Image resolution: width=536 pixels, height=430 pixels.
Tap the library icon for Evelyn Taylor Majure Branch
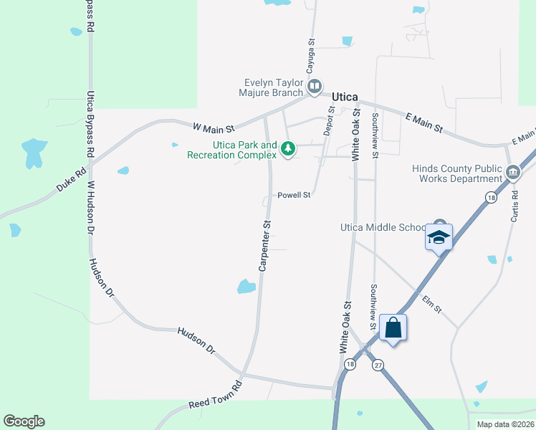click(x=314, y=87)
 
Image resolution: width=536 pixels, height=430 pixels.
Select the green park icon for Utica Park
click(x=288, y=149)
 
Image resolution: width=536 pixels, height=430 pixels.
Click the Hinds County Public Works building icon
click(x=513, y=173)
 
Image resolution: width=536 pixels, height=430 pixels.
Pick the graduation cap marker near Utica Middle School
click(x=439, y=237)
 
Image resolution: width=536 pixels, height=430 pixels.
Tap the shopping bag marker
click(x=393, y=328)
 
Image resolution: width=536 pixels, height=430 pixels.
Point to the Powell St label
click(x=294, y=194)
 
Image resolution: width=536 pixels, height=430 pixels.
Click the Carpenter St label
click(x=264, y=246)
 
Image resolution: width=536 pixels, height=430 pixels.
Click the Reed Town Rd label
click(x=216, y=400)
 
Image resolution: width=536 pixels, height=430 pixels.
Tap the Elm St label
click(x=431, y=305)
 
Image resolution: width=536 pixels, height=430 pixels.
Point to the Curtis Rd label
click(x=515, y=206)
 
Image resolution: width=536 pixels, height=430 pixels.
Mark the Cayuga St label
click(x=311, y=57)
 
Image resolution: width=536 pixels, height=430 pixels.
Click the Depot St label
click(x=330, y=121)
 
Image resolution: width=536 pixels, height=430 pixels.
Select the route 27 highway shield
click(x=378, y=365)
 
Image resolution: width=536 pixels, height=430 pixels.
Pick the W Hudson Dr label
click(x=91, y=209)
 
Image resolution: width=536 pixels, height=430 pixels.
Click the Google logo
click(x=24, y=421)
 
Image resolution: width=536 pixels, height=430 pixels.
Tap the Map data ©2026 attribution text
click(x=505, y=424)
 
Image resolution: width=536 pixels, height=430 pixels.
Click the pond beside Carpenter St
click(x=246, y=287)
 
